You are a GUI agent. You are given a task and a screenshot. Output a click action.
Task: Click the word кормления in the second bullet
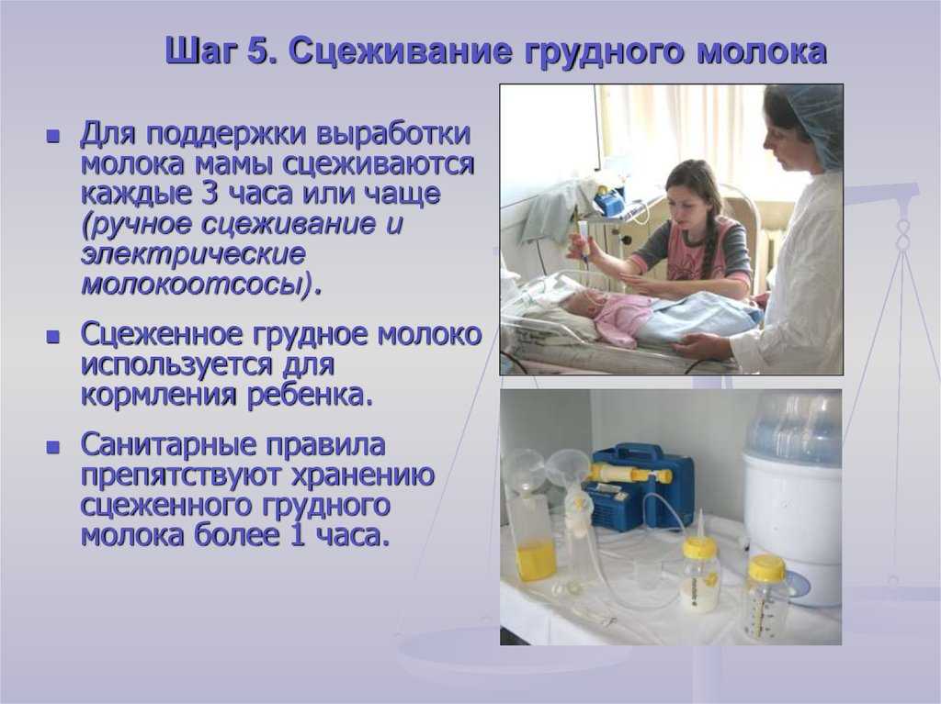[x=160, y=396]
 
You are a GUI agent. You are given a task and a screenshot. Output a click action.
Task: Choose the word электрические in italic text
[x=193, y=253]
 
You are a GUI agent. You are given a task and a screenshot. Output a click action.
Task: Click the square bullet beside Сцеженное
[x=53, y=337]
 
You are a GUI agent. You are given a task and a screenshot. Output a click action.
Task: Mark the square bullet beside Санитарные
[x=53, y=447]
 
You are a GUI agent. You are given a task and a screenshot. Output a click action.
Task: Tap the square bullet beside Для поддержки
[x=53, y=136]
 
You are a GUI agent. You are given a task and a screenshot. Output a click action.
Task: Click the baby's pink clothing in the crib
[x=621, y=318]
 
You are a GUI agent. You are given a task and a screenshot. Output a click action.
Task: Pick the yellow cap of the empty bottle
[x=766, y=568]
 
